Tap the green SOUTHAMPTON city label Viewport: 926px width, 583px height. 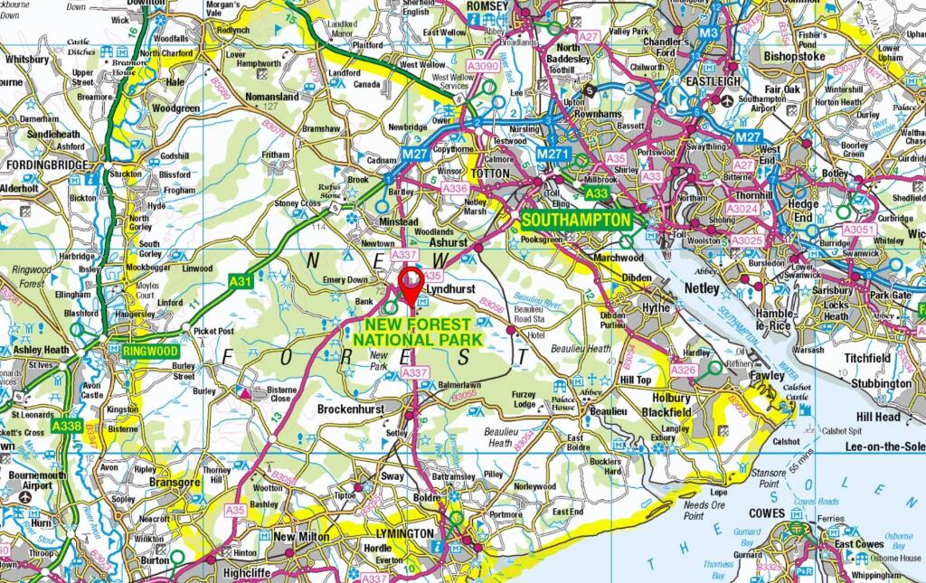[x=576, y=220]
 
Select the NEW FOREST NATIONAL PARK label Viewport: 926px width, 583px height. [x=411, y=332]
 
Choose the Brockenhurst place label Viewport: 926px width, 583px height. [x=352, y=409]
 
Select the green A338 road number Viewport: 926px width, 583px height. [x=66, y=425]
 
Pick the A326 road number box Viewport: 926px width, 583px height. [x=684, y=370]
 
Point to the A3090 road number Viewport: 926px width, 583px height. [x=481, y=66]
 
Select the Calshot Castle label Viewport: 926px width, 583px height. [x=796, y=391]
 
